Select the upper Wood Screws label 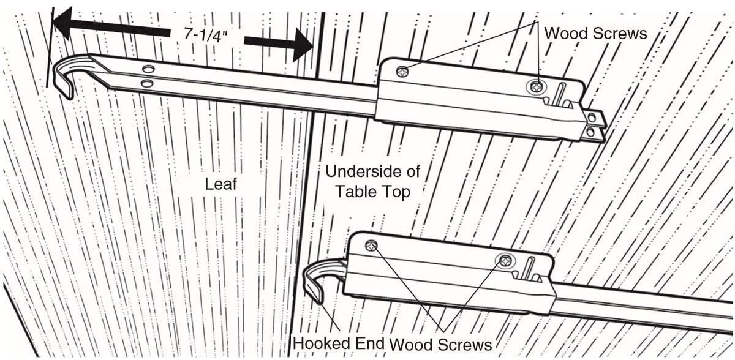[595, 33]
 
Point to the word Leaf [220, 184]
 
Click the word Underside [372, 171]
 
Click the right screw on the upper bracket [537, 87]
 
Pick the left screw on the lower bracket [371, 246]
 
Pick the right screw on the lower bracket [505, 260]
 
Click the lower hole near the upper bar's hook [147, 83]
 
